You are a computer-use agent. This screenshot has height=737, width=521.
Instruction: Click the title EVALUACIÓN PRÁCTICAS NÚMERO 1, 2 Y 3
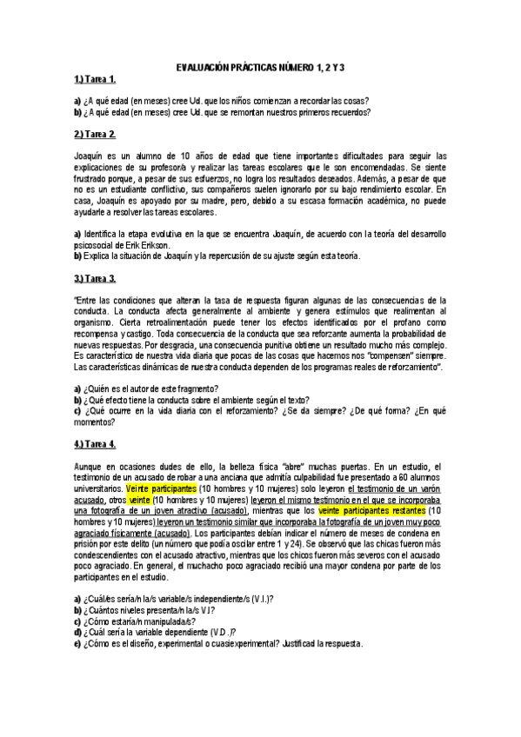point(261,67)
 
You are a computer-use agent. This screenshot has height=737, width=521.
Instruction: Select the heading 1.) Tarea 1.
point(95,79)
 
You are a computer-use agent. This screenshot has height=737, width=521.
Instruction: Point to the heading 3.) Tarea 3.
point(95,278)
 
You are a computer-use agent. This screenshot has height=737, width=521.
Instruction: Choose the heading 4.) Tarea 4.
point(95,445)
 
